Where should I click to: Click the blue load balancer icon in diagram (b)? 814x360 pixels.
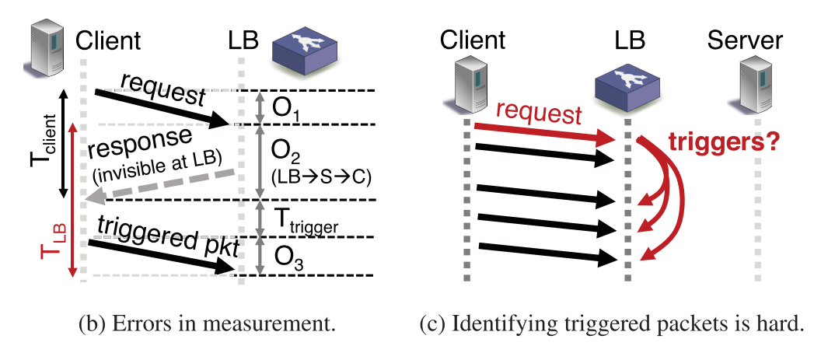point(304,48)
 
